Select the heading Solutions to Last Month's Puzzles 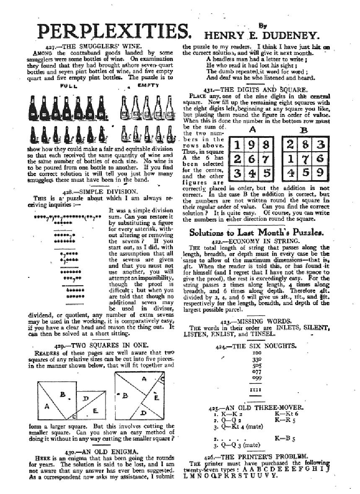pos(256,232)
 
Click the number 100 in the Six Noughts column pos(255,354)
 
